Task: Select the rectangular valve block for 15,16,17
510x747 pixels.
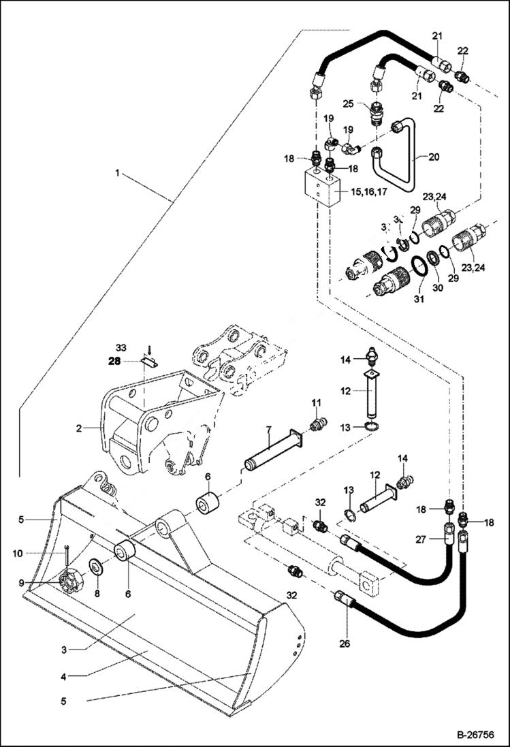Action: (x=321, y=188)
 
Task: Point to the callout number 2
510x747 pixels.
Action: (x=80, y=428)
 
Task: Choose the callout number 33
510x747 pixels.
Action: (x=121, y=346)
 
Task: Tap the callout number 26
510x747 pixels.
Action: (x=345, y=640)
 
